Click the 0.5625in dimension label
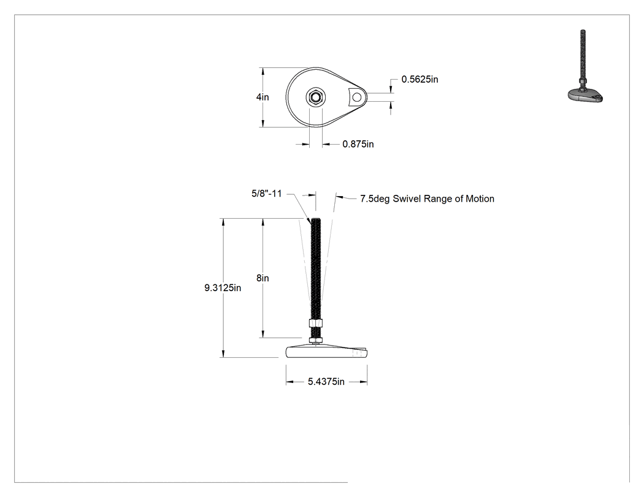click(420, 79)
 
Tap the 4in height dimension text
click(263, 97)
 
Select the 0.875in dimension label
click(358, 144)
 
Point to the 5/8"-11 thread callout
click(267, 193)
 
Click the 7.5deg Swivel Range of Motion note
click(427, 199)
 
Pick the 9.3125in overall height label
click(223, 287)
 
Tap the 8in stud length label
click(263, 278)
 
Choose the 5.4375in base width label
click(326, 382)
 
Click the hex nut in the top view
click(315, 97)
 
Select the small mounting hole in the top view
click(357, 97)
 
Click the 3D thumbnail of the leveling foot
click(585, 66)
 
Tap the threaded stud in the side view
click(315, 269)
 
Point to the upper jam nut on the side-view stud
click(315, 324)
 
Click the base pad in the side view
click(326, 352)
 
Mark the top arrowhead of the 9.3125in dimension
click(223, 222)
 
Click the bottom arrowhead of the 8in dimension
click(263, 334)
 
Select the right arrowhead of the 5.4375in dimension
click(364, 382)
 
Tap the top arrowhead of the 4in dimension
click(263, 72)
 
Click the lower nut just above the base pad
click(315, 340)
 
